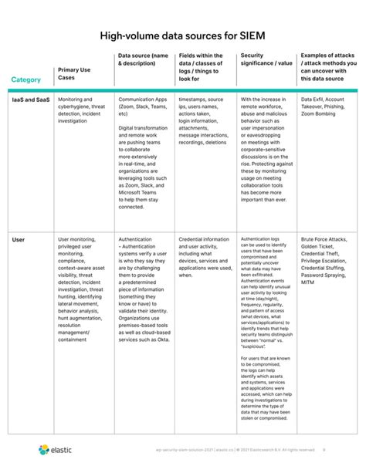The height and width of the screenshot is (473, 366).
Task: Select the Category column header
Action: pos(25,80)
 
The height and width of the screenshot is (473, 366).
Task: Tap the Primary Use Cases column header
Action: pos(78,74)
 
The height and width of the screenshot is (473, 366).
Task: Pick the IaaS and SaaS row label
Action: pos(31,100)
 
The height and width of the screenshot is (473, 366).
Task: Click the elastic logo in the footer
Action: pos(55,449)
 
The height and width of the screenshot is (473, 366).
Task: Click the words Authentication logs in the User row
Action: pos(262,240)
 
